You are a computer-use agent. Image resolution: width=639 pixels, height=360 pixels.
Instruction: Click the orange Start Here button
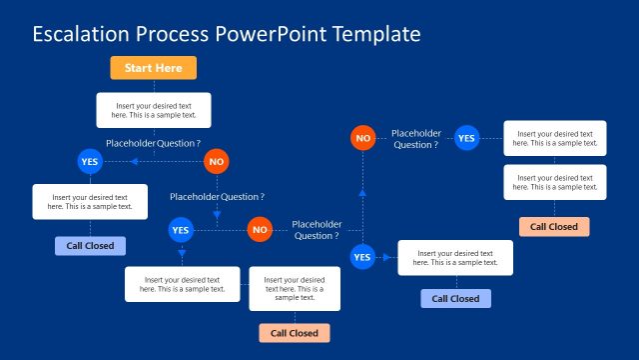[154, 68]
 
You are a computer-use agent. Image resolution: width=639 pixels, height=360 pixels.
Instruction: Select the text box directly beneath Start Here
[154, 109]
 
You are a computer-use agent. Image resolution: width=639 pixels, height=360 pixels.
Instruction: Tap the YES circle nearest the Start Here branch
[90, 161]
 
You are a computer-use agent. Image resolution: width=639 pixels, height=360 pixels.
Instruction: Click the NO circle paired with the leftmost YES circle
[217, 161]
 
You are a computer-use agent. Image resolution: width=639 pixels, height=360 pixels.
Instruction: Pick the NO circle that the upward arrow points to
[362, 136]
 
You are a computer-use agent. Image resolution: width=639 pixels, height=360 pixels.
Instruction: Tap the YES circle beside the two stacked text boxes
[466, 138]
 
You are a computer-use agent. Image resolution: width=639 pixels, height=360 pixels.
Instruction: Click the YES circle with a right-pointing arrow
[362, 257]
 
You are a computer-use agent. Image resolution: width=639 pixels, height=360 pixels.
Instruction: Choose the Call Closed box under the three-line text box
[295, 333]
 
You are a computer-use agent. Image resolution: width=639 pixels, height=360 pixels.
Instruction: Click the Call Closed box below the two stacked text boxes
[554, 226]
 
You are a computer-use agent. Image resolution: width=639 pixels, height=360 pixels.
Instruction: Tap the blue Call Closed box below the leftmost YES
[90, 246]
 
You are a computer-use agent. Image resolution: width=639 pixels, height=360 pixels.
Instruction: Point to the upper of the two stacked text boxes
[554, 138]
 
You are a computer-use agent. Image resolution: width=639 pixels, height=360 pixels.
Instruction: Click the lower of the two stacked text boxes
[554, 182]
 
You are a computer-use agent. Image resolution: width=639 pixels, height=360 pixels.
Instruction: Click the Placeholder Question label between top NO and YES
[416, 139]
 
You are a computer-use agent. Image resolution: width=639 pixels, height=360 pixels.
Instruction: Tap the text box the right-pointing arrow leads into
[455, 257]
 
